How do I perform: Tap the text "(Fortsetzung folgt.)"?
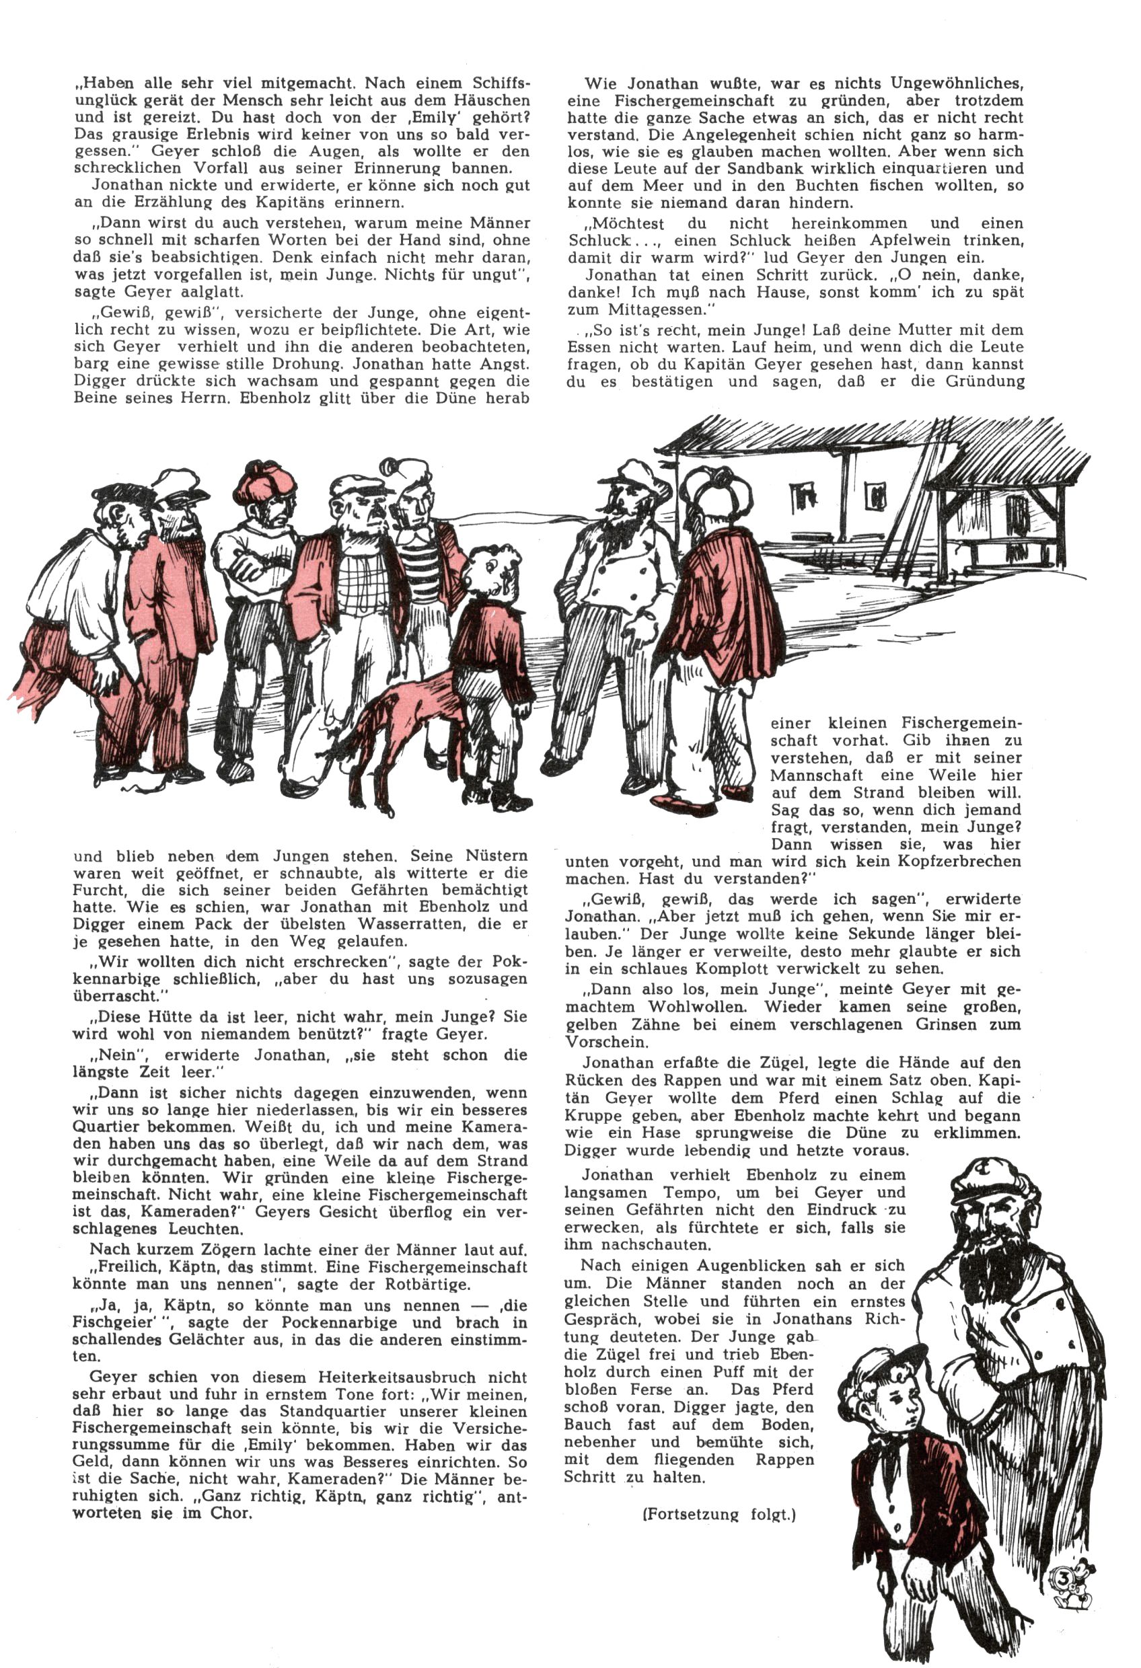tap(719, 1515)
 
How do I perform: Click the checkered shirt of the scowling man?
tap(359, 581)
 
